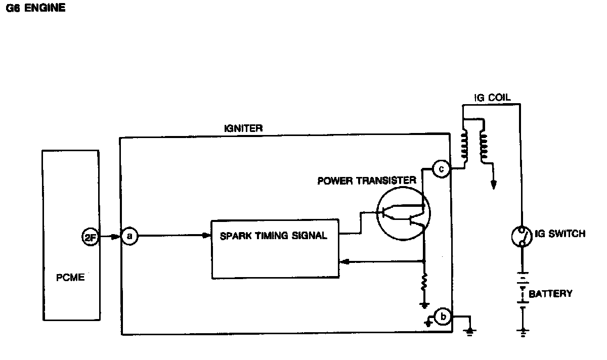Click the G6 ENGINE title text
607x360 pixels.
tap(35, 9)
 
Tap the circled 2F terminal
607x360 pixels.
tap(89, 237)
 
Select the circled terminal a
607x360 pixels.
tap(129, 236)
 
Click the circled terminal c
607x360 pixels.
tap(441, 169)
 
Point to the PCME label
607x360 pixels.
tap(70, 277)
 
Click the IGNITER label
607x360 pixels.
tap(243, 128)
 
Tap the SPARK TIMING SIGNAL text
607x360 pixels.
tap(274, 235)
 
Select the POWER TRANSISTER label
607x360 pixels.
tap(367, 180)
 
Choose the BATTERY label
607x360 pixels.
tap(550, 293)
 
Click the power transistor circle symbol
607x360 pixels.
tap(403, 214)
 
